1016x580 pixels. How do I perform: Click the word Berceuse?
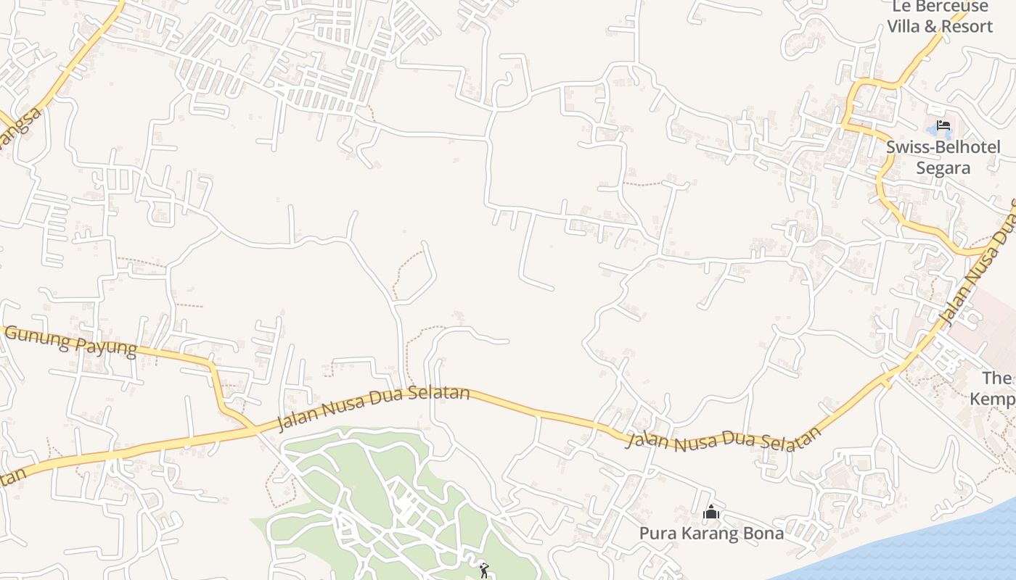(951, 7)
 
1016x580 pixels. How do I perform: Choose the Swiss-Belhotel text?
(943, 147)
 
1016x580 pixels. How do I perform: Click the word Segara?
(943, 168)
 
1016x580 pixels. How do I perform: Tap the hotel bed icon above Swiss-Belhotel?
(943, 125)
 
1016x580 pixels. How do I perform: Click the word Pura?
(657, 534)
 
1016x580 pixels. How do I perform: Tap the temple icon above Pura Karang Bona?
(711, 513)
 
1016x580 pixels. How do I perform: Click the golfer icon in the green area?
(484, 571)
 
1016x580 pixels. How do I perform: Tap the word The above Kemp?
(996, 378)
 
